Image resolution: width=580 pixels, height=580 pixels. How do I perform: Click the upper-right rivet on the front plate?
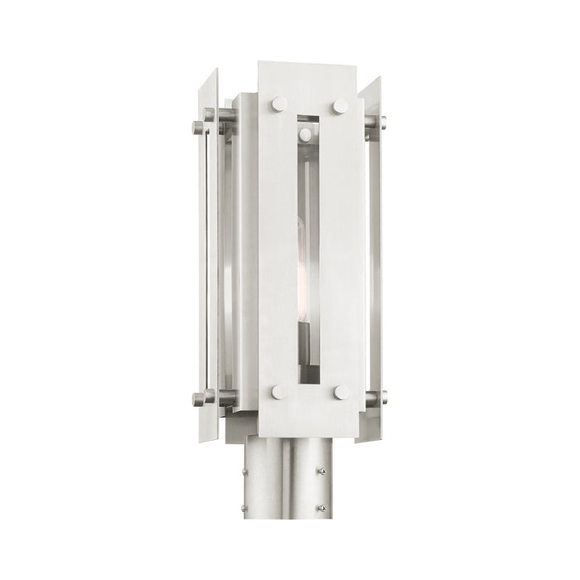[339, 106]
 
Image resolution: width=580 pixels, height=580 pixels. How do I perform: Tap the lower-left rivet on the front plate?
[278, 391]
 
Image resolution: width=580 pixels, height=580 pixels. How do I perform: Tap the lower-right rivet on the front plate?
[340, 393]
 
